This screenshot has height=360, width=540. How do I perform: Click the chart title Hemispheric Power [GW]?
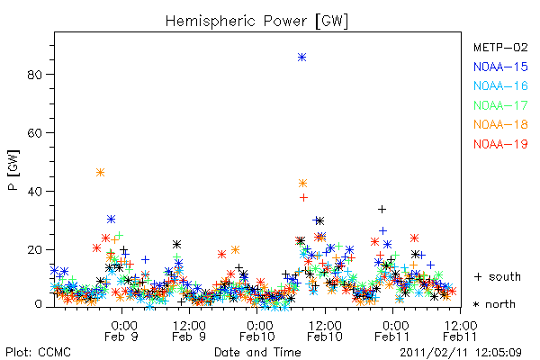point(256,22)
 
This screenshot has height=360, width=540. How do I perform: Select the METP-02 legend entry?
point(500,47)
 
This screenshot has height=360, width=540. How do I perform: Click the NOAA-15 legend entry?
point(500,67)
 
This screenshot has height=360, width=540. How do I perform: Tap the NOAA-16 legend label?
point(500,85)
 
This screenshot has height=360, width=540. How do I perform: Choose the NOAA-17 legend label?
point(500,105)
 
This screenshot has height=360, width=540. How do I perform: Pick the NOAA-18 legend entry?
point(500,124)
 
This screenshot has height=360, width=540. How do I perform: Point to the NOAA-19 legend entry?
point(500,144)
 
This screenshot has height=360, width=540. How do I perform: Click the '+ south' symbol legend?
point(498,276)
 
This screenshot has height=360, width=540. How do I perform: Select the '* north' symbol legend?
point(494,304)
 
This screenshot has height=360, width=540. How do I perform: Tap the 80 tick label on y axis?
point(34,75)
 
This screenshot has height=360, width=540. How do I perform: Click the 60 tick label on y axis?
point(34,133)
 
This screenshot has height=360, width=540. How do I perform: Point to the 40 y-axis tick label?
point(34,192)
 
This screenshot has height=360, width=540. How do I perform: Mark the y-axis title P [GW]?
point(13,170)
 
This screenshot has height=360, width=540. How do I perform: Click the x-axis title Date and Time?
point(257,352)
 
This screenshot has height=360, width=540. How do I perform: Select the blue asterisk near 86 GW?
point(302,58)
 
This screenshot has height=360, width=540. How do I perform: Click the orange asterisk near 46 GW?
point(100,172)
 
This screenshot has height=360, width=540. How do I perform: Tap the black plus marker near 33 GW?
point(382,209)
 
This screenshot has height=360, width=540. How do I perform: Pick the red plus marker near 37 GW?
point(303,197)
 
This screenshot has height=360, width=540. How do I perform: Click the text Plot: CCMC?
point(38,353)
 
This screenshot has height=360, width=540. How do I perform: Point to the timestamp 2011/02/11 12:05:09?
point(461,353)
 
